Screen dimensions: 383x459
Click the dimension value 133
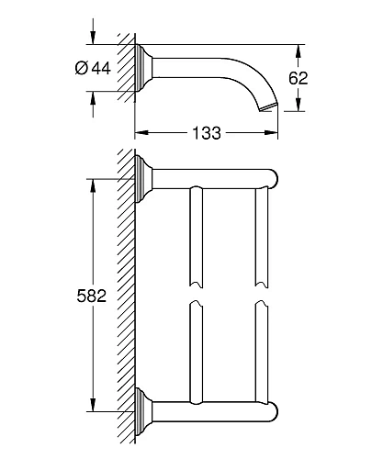(x=207, y=133)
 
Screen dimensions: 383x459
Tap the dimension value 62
(x=298, y=78)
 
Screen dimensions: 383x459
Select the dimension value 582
(x=92, y=296)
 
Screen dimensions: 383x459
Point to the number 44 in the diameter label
(x=101, y=68)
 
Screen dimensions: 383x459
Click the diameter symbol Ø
(x=82, y=68)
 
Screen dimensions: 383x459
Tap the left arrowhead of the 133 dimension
(x=141, y=132)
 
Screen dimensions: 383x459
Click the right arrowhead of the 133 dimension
(x=271, y=132)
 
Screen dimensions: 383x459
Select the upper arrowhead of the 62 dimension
(x=299, y=51)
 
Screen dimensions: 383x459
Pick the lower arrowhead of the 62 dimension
(x=299, y=105)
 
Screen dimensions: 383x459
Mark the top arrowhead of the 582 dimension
(x=93, y=185)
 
